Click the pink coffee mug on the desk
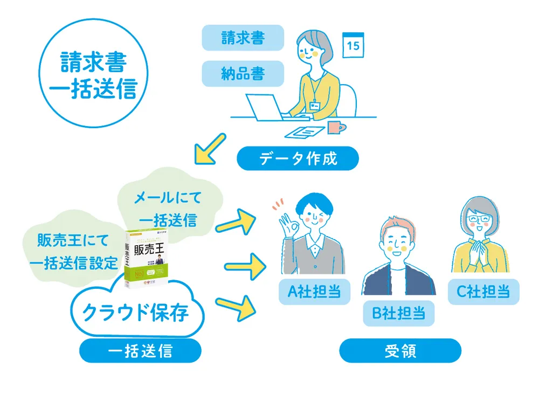click(x=335, y=127)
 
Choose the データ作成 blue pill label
click(x=298, y=158)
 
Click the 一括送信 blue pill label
click(x=140, y=351)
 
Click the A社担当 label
click(x=314, y=292)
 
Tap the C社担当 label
click(x=483, y=292)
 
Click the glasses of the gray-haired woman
click(x=479, y=220)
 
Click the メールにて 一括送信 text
click(x=167, y=209)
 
